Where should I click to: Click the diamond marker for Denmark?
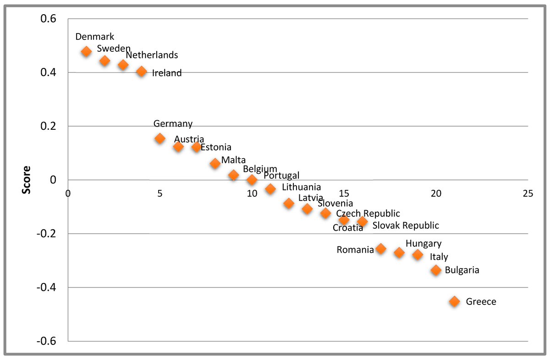coord(86,51)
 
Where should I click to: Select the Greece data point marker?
coord(454,301)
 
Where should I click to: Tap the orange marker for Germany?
coord(160,138)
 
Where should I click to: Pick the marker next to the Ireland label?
coord(142,72)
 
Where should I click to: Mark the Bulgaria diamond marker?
coord(436,270)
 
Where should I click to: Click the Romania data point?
coord(380,249)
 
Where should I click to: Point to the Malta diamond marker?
coord(215,163)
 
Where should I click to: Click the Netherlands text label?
coord(152,55)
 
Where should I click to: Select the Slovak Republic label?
coord(406,226)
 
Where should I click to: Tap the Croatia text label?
coord(348,228)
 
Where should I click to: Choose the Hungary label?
coord(423,244)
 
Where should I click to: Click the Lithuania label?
coord(302,187)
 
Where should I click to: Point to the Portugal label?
coord(281,176)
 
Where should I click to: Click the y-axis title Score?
coord(27,180)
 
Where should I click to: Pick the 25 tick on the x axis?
coord(528,193)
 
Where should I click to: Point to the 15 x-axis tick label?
coord(344,193)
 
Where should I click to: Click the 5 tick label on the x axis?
coord(160,193)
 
